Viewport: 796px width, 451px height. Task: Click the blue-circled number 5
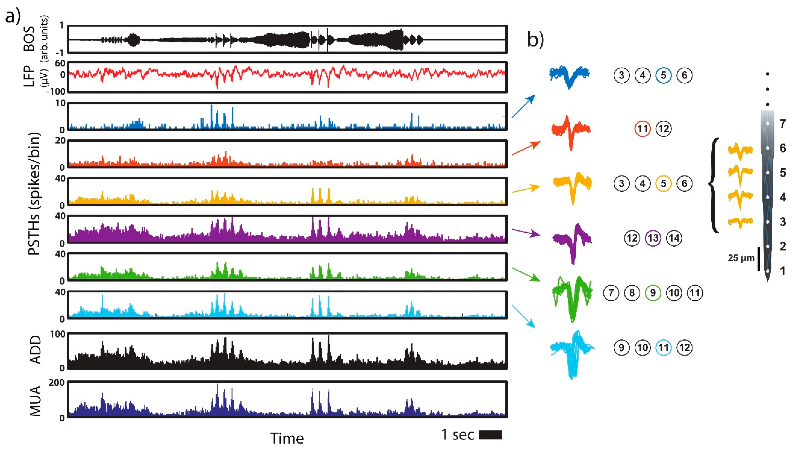[663, 75]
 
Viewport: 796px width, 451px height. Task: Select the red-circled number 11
[643, 129]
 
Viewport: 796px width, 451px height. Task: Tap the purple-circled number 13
[653, 238]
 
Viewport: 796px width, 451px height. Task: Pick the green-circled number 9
[653, 293]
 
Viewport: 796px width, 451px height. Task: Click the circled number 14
[674, 238]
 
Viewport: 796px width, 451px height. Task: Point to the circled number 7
[611, 293]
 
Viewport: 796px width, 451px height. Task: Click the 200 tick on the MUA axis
[56, 382]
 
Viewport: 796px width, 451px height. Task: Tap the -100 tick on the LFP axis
[56, 91]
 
